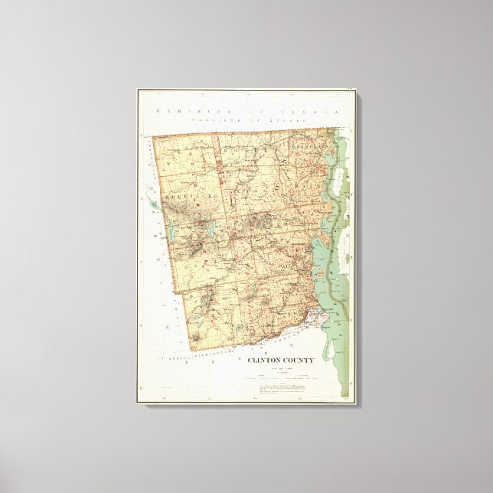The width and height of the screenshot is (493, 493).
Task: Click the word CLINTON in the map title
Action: pos(263,360)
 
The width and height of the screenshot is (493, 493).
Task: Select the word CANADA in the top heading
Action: pos(315,113)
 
